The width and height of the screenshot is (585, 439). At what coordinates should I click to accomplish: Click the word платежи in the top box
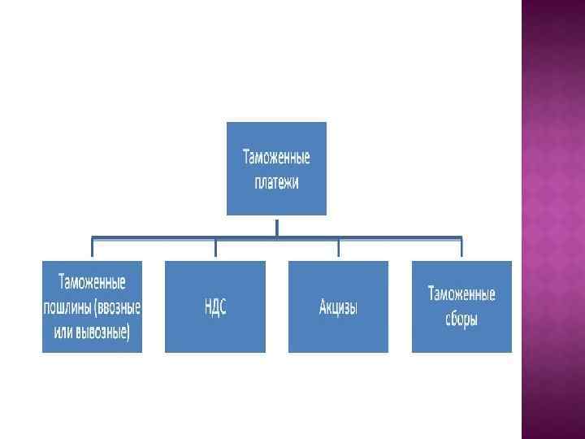[276, 182]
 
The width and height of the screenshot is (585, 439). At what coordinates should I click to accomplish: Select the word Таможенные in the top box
[276, 156]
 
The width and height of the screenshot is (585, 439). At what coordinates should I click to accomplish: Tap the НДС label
[215, 307]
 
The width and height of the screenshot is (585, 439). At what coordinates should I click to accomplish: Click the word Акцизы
[339, 307]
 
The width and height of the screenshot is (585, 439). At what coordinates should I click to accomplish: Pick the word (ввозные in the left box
[117, 308]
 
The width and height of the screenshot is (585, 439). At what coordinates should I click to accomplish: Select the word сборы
[461, 319]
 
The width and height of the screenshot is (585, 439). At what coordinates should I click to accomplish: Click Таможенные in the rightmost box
[461, 293]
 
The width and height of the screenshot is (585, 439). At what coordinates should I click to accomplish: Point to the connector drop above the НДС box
[215, 249]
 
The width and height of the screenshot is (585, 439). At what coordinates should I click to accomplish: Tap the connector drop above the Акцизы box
[339, 249]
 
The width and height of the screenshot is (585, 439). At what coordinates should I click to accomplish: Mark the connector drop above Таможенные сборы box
[461, 249]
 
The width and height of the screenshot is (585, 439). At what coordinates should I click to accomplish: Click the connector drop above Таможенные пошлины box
[92, 249]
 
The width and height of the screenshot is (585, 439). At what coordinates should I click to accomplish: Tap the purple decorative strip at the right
[552, 219]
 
